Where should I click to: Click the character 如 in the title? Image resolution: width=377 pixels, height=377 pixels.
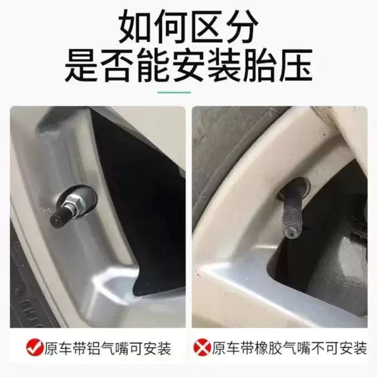(x=136, y=27)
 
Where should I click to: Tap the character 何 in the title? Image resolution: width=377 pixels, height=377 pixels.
(x=171, y=27)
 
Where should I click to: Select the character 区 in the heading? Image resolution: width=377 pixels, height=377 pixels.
(x=206, y=27)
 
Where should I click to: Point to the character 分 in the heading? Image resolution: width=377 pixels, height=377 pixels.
(x=241, y=27)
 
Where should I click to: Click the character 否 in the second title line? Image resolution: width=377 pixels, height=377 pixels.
(x=117, y=65)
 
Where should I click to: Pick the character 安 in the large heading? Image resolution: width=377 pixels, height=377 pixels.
(x=188, y=65)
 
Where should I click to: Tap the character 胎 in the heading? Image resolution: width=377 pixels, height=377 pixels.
(x=260, y=65)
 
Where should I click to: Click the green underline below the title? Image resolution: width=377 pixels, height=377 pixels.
(x=174, y=92)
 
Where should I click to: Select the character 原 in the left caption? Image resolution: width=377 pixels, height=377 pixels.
(x=51, y=348)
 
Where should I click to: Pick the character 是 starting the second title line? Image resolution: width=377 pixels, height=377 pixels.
(x=82, y=65)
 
